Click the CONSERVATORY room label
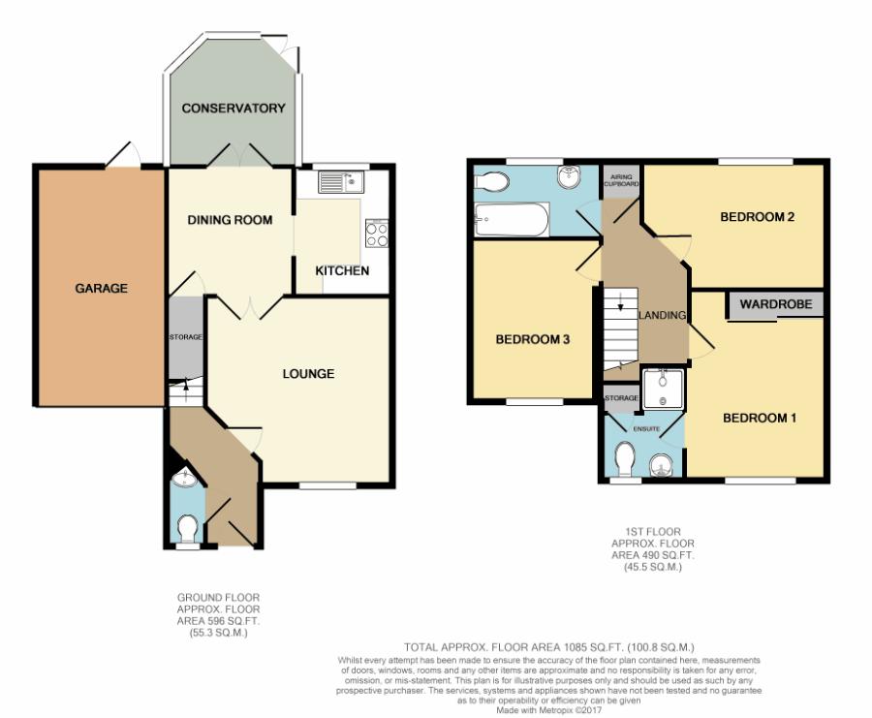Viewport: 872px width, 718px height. pos(234,108)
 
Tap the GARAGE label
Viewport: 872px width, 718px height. pos(101,288)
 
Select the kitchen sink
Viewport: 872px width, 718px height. pos(340,181)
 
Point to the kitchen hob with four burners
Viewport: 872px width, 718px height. pos(377,234)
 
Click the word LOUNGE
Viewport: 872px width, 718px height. pos(308,374)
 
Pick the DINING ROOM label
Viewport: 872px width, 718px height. pos(230,220)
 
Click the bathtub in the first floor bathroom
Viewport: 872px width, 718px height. pos(511,219)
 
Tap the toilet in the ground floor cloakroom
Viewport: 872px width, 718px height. pos(187,528)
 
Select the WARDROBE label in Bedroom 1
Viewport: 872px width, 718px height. pos(776,304)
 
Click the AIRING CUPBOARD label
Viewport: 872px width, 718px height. pos(621,180)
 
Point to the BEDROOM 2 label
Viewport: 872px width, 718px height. pos(757,217)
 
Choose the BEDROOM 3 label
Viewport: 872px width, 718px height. pos(533,339)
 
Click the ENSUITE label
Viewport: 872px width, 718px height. pos(646,429)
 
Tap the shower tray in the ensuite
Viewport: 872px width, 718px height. pos(663,390)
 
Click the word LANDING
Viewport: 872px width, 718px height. pos(662,315)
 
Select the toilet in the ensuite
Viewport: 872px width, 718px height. pos(626,460)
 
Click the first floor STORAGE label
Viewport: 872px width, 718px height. pos(621,398)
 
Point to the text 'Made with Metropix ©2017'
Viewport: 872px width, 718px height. pos(549,710)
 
